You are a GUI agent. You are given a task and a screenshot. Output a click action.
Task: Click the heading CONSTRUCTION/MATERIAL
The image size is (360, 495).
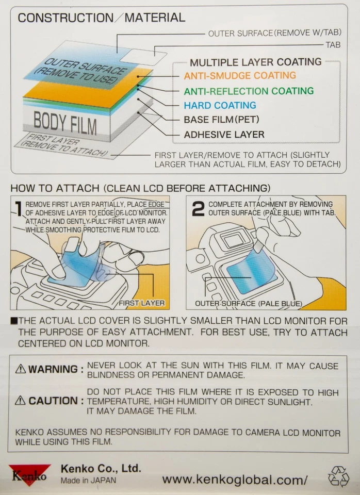[x=101, y=18]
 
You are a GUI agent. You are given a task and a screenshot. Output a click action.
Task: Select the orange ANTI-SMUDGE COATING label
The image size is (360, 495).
[x=240, y=76]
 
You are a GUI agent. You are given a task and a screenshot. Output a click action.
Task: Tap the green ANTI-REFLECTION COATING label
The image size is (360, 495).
[x=249, y=91]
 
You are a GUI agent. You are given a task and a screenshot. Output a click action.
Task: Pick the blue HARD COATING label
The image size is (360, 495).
[x=220, y=106]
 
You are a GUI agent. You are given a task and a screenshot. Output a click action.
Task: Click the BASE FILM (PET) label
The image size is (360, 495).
[x=221, y=120]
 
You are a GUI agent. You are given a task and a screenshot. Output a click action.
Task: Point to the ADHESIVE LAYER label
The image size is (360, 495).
[x=224, y=135]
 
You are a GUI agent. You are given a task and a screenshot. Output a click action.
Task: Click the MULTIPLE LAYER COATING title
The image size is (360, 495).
[x=255, y=62]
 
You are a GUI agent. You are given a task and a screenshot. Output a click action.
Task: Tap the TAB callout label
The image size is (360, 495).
[x=333, y=45]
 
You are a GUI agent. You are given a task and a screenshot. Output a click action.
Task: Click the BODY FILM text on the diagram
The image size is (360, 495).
[x=65, y=122]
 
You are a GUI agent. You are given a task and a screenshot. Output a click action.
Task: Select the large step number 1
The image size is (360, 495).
[x=18, y=209]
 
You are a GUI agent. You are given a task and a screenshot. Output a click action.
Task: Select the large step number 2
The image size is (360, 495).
[x=198, y=209]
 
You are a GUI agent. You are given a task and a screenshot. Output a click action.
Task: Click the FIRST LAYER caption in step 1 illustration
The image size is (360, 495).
[x=141, y=303]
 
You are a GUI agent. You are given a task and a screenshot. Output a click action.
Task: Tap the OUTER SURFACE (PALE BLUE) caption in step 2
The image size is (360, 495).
[x=248, y=304]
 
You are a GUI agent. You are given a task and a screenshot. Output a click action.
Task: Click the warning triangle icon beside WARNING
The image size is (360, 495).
[x=20, y=369]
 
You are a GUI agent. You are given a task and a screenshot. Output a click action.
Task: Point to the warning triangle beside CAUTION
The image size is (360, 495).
[x=20, y=401]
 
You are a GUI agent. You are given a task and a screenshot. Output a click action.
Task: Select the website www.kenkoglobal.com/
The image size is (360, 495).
[x=235, y=480]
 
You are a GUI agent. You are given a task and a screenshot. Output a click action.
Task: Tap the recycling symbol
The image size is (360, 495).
[x=338, y=476]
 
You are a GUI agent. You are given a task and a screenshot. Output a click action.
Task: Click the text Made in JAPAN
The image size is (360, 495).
[x=88, y=480]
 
